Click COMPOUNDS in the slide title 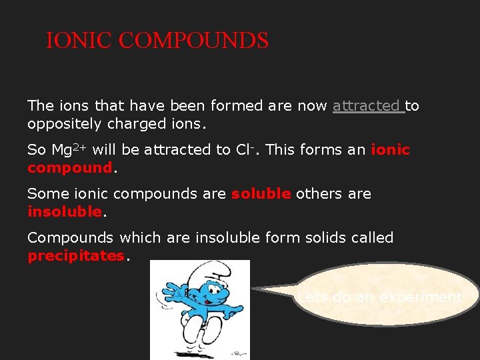pyautogui.click(x=193, y=41)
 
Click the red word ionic pyautogui.click(x=390, y=149)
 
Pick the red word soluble pyautogui.click(x=261, y=193)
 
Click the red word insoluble pyautogui.click(x=65, y=211)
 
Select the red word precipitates pyautogui.click(x=76, y=255)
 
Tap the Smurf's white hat pyautogui.click(x=206, y=274)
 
